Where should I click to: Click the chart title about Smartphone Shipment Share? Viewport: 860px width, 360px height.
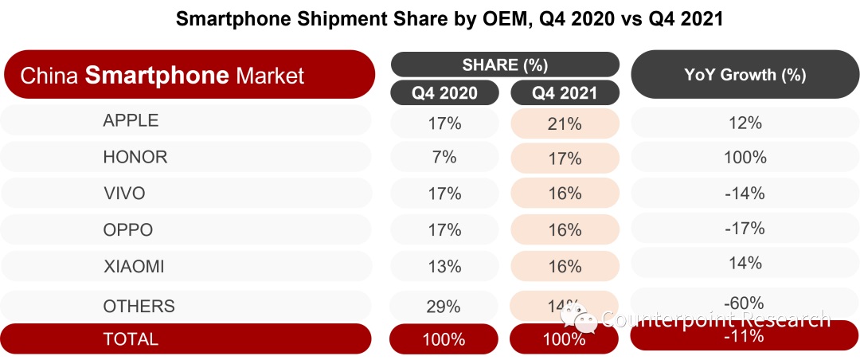point(449,20)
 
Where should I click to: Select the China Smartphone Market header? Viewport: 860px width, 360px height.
point(189,76)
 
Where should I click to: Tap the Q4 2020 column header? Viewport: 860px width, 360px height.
point(444,93)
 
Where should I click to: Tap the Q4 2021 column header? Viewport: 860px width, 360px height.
point(565,93)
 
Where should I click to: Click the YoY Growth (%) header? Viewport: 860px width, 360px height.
point(745,76)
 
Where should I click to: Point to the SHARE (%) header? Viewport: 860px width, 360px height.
point(505,65)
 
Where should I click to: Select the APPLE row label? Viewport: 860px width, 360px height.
point(131,121)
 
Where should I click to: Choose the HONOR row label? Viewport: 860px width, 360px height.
point(135,157)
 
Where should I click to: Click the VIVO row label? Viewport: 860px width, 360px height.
point(124,194)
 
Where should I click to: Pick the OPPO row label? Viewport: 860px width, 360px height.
point(127,230)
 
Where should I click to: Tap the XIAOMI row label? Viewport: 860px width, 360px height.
point(134,267)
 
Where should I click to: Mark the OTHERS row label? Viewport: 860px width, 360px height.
point(139,306)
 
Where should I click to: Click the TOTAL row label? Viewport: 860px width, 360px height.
point(131,338)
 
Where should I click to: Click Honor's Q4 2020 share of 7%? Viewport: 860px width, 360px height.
point(444,158)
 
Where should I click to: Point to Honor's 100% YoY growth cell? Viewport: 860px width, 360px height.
point(745,158)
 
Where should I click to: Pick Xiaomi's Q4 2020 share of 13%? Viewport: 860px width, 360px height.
point(444,267)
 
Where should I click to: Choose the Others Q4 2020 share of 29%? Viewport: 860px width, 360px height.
point(444,306)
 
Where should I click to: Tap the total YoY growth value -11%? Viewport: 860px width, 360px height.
point(745,336)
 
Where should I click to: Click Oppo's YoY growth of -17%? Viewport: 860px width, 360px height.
point(745,229)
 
